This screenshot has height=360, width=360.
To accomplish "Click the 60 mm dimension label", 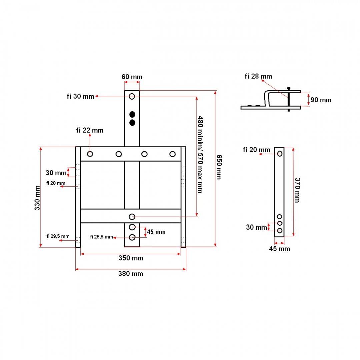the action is (x=132, y=77).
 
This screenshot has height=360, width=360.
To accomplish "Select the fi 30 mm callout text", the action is (x=80, y=96).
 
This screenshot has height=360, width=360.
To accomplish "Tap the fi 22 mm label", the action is (x=90, y=130).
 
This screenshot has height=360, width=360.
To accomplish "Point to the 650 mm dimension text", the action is (x=219, y=167).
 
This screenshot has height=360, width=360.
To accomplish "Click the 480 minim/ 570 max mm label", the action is (x=200, y=154).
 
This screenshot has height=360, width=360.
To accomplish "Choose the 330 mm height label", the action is (x=37, y=198).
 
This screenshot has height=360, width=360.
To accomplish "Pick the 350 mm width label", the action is (x=131, y=258).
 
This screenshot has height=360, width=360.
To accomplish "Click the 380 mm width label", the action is (x=131, y=274).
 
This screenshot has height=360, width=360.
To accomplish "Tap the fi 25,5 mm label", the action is (x=101, y=237).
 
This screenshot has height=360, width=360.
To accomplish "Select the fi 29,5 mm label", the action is (x=58, y=236).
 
